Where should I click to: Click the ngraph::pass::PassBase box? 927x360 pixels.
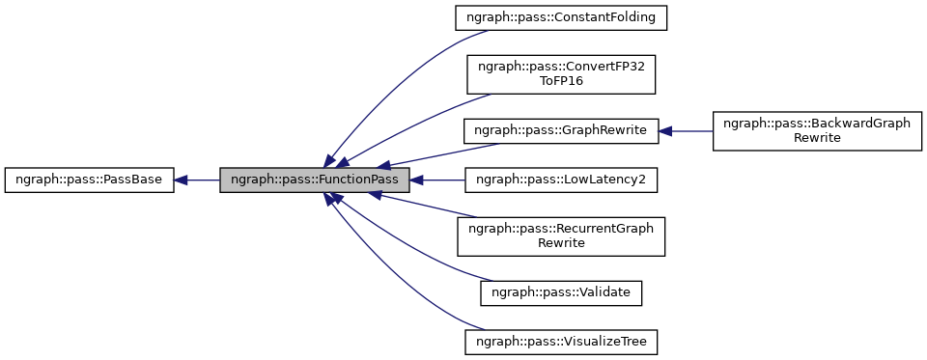pos(89,180)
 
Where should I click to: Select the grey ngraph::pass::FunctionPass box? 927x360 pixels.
pos(315,180)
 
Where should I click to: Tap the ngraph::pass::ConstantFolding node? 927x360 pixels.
pos(561,17)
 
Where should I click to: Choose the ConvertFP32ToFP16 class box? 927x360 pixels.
pos(561,73)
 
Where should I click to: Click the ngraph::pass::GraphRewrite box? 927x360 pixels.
pos(561,130)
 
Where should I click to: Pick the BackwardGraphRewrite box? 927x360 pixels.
pos(817,130)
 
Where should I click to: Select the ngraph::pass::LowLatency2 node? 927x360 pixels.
pos(561,180)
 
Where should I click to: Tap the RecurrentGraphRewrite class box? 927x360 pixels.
pos(561,235)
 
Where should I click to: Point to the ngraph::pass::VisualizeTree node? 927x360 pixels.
pos(561,341)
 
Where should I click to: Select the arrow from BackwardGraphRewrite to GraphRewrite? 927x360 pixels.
pos(690,130)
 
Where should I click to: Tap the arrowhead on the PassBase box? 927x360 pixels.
pos(182,180)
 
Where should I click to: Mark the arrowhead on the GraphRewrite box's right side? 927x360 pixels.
pos(666,130)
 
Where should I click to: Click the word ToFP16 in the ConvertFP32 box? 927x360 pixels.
pos(561,81)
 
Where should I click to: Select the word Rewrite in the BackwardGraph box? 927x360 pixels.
pos(817,138)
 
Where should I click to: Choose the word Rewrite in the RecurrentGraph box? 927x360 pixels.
pos(561,243)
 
